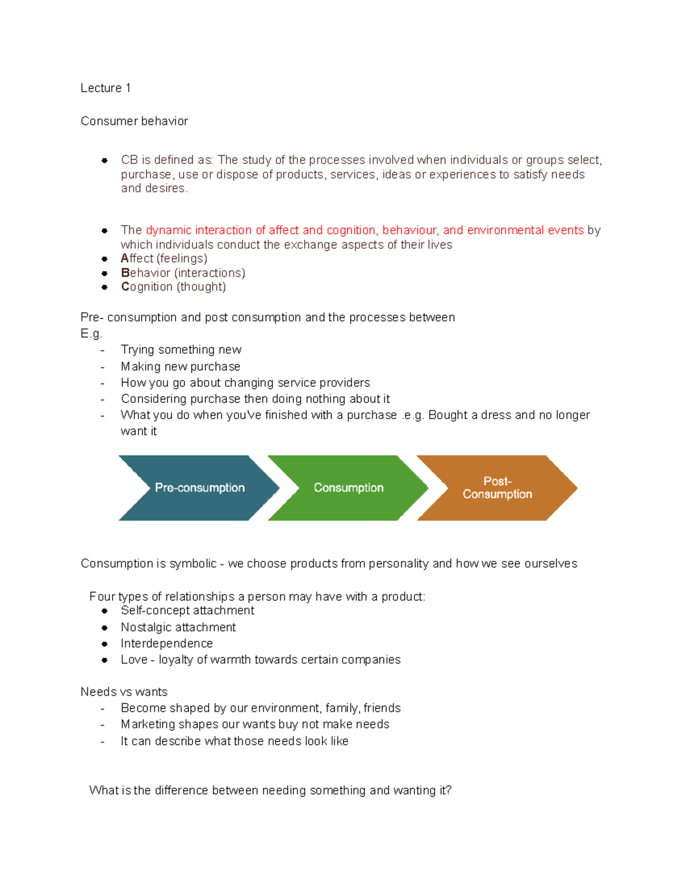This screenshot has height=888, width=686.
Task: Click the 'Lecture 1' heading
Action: pos(106,88)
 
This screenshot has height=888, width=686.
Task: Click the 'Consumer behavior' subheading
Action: pos(134,121)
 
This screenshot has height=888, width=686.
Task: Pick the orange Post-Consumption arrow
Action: pos(497,488)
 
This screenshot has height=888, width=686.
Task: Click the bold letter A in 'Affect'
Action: pos(125,258)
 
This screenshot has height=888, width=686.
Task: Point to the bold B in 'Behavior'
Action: pos(125,273)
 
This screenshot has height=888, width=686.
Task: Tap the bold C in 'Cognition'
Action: pos(125,286)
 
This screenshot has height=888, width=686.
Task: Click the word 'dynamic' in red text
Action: pos(169,230)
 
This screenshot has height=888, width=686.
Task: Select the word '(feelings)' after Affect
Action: pos(182,258)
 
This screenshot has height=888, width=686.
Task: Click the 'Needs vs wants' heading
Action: pos(124,692)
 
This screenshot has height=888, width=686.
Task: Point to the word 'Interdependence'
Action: pos(166,643)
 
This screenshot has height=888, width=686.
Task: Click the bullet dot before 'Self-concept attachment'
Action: pos(105,611)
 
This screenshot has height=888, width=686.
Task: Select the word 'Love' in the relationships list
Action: pos(134,659)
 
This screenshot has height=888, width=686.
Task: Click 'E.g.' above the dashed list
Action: pos(91,333)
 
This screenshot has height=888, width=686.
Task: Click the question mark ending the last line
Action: pos(449,790)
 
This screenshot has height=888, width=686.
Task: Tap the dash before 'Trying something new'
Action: pos(102,350)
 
